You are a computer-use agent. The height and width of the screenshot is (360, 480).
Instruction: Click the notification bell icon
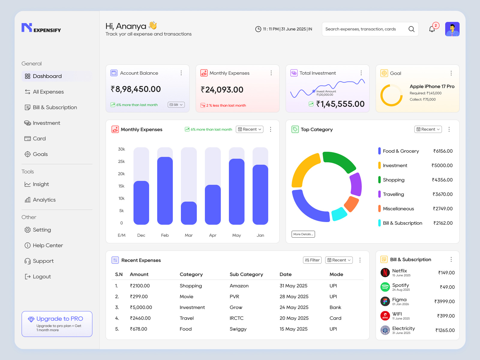pos(432,29)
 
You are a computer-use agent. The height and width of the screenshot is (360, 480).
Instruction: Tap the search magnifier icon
pos(411,29)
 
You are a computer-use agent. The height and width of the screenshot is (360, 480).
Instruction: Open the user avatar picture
pos(452,29)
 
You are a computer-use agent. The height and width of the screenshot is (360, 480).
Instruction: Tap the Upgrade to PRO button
pos(57,324)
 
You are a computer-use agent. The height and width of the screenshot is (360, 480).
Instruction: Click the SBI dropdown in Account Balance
pos(176,105)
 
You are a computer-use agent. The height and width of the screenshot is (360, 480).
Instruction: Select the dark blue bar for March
pos(189,213)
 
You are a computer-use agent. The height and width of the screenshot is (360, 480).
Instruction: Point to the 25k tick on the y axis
pos(121,161)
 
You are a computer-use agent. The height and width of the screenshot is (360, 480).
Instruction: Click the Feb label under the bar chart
pos(165,235)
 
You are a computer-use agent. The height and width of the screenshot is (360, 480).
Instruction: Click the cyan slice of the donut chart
pos(339,214)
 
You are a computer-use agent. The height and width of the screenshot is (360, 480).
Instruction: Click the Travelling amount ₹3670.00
pos(442,194)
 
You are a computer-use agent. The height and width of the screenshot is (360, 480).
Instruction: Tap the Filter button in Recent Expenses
pos(312,260)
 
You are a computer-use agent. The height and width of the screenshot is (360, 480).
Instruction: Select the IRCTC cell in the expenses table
pos(236,318)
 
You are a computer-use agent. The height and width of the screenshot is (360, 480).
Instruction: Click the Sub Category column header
pos(246,274)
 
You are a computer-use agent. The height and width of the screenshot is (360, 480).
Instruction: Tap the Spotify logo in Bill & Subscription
pos(385,287)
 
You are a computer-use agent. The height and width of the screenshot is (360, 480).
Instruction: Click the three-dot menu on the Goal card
pos(451,73)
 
